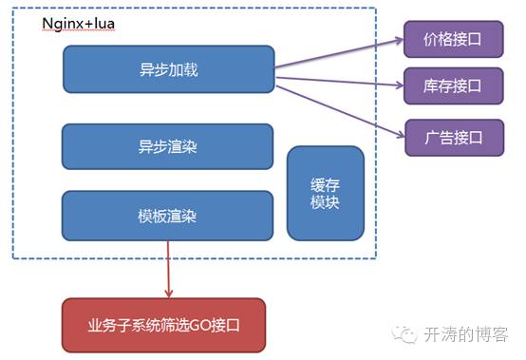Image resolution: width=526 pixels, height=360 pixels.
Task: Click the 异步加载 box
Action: point(168,69)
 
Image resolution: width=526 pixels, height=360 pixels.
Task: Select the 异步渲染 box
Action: point(168,147)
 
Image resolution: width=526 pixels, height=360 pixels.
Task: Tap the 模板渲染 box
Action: point(168,215)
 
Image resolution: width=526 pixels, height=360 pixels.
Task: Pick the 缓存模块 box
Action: point(325,193)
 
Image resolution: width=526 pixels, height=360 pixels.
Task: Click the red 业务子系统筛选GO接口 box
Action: point(163,324)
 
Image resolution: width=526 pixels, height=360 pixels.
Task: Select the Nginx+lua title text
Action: point(81,23)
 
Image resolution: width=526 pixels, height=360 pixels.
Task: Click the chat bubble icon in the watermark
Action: point(407,333)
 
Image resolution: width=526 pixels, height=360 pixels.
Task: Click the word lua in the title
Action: point(103,23)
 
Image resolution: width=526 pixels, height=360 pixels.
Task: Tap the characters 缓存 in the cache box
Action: point(325,184)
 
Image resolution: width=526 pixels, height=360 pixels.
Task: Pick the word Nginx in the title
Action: point(63,23)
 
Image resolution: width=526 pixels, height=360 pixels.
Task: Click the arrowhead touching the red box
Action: point(168,293)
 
